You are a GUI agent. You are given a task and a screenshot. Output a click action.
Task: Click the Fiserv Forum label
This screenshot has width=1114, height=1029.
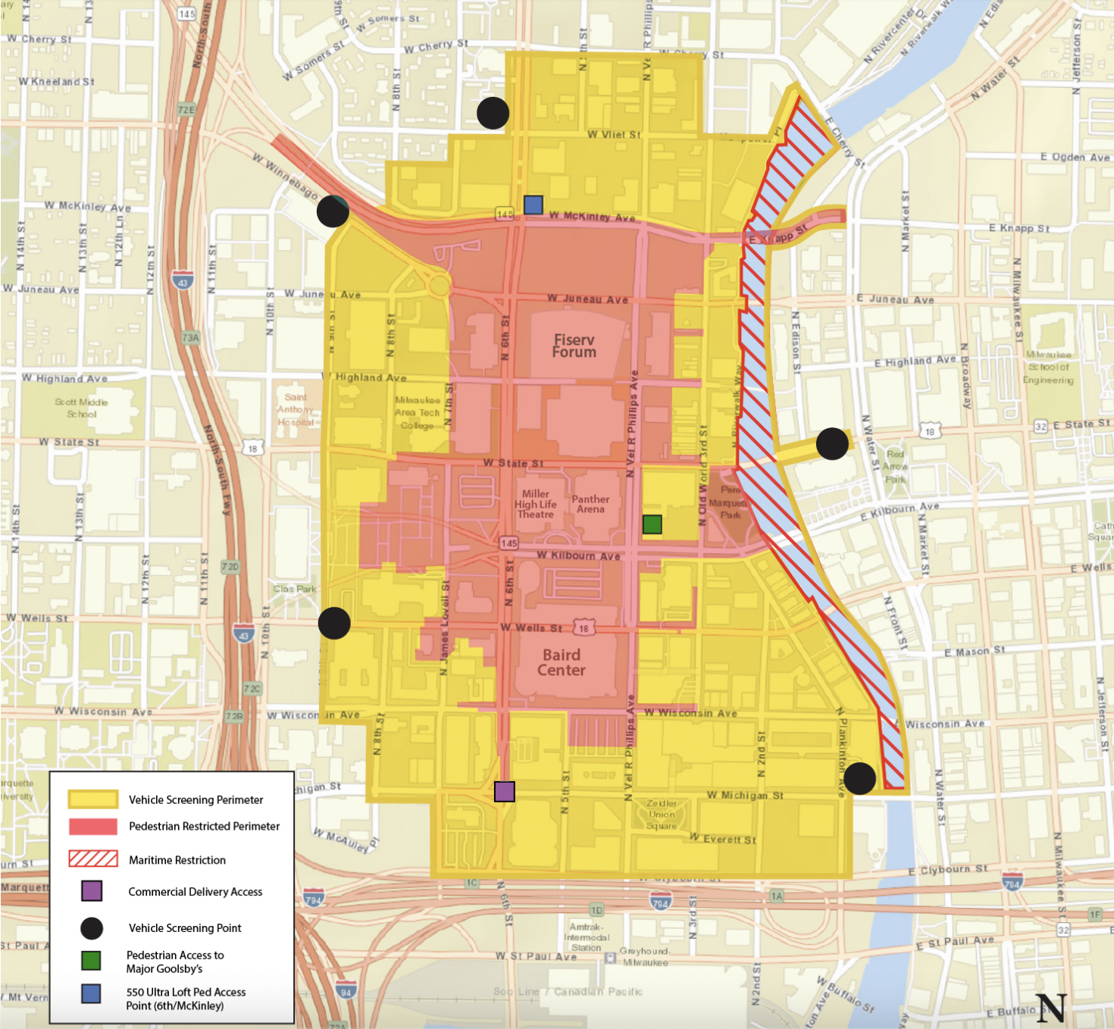point(574,346)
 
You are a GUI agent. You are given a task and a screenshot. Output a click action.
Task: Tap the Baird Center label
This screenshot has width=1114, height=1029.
point(562,662)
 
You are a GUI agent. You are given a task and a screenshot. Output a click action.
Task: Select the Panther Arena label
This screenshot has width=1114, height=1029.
point(590,504)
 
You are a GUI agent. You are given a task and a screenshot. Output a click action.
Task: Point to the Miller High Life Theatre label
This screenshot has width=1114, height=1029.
point(536,504)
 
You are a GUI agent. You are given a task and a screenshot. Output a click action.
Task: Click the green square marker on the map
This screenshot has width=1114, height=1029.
point(652,524)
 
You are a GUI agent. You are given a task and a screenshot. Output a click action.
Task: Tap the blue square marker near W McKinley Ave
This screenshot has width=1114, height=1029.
point(534,205)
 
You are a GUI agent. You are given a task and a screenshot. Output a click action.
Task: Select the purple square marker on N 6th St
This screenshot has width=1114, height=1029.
point(505,791)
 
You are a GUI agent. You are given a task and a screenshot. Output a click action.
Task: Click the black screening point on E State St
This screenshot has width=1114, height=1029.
point(832,444)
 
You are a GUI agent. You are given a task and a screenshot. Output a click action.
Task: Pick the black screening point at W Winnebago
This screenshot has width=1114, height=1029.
point(333,211)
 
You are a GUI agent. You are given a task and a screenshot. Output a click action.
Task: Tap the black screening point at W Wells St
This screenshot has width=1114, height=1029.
point(334,623)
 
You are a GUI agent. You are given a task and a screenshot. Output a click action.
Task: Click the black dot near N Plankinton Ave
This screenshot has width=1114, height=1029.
point(860,778)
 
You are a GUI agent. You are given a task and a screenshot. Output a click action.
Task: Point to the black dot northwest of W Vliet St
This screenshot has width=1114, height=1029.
point(493,113)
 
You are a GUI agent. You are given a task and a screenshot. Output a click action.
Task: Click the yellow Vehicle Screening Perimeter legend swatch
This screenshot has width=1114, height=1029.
point(93,799)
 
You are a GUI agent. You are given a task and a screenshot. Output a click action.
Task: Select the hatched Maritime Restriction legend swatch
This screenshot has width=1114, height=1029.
point(93,859)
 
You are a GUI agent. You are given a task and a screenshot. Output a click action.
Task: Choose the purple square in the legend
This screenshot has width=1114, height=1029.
point(92,891)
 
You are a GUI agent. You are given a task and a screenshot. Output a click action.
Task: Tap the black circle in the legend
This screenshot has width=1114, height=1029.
point(92,928)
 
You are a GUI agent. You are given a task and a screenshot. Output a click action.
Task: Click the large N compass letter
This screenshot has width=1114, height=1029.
point(1052,1007)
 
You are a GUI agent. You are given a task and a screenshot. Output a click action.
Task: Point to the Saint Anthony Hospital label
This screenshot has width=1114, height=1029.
point(296,409)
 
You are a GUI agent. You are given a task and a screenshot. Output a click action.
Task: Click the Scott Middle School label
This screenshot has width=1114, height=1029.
point(81,408)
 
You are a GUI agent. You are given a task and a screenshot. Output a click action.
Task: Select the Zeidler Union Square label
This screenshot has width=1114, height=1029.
point(662,815)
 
